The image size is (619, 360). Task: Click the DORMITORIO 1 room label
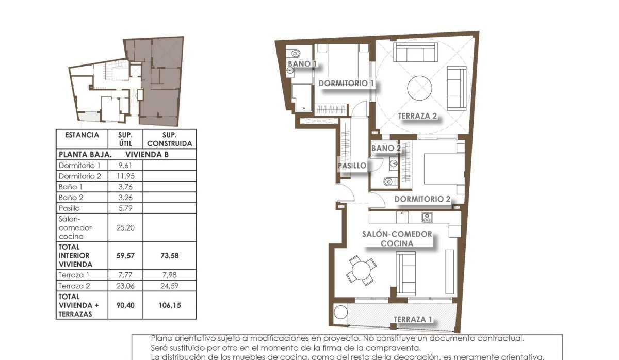346,83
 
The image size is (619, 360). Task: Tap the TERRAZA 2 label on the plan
417,116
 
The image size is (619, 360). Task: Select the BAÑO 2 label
386,148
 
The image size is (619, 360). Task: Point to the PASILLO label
352,166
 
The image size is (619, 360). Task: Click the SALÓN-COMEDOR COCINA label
396,238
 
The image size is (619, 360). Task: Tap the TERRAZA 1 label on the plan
413,319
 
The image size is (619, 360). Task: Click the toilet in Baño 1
295,53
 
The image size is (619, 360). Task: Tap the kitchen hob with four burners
427,217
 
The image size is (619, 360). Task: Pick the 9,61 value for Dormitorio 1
125,166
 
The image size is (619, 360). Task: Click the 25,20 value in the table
126,227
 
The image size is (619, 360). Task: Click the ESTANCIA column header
82,135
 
